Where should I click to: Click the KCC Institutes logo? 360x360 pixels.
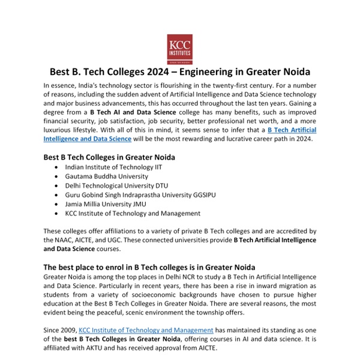click(x=179, y=48)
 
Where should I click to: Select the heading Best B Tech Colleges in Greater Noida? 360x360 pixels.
click(x=109, y=157)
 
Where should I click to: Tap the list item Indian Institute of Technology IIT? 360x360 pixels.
click(x=113, y=167)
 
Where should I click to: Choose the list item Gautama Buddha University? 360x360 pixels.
click(x=107, y=176)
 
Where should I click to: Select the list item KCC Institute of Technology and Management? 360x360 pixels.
click(x=133, y=212)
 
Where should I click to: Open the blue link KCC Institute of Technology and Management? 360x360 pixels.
click(x=146, y=329)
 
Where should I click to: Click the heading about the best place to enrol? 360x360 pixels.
click(x=149, y=266)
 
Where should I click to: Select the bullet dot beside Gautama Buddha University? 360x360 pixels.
click(x=56, y=176)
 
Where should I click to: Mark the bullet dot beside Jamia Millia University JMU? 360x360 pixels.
click(x=56, y=203)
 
